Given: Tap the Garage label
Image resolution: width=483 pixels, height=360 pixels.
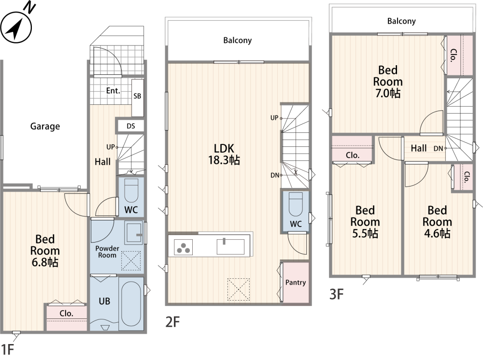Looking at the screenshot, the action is coord(45,127).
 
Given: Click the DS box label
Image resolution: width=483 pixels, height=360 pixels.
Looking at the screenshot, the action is coord(130,126).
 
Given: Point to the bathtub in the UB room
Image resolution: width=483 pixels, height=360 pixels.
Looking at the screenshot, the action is coord(131,303).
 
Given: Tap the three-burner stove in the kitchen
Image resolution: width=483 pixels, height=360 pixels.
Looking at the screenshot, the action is coord(183,247).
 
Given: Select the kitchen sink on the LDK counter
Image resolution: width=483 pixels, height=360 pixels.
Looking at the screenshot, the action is coord(230,246).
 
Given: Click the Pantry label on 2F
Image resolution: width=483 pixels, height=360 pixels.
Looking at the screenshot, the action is coord(296,282).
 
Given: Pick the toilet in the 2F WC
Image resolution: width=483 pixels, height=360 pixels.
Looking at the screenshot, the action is coord(296,204).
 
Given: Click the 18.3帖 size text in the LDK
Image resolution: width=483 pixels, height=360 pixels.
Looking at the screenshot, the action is coord(224,160).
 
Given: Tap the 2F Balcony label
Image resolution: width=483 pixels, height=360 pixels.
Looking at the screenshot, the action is coord(238,41).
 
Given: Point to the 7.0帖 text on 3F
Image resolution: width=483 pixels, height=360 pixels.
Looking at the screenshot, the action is coord(388,93).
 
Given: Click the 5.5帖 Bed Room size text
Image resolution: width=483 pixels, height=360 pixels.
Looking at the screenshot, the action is coord(365,233).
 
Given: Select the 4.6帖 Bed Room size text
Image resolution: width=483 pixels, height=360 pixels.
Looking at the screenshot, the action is coord(437,233).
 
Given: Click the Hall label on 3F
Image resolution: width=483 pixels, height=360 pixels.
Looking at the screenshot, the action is coord(419,148).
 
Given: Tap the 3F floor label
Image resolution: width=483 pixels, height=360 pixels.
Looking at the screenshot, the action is coord(336,294).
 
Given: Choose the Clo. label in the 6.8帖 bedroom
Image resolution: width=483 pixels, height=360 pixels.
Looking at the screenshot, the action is coord(66,314).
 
